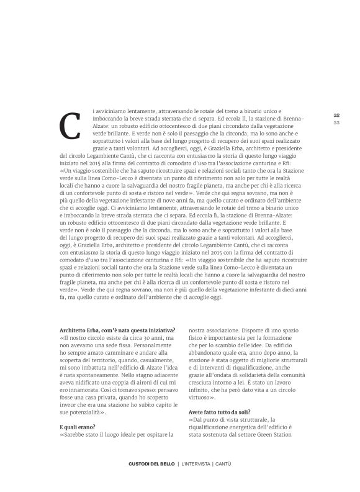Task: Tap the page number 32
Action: [x=336, y=115]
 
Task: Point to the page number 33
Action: [x=336, y=122]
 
